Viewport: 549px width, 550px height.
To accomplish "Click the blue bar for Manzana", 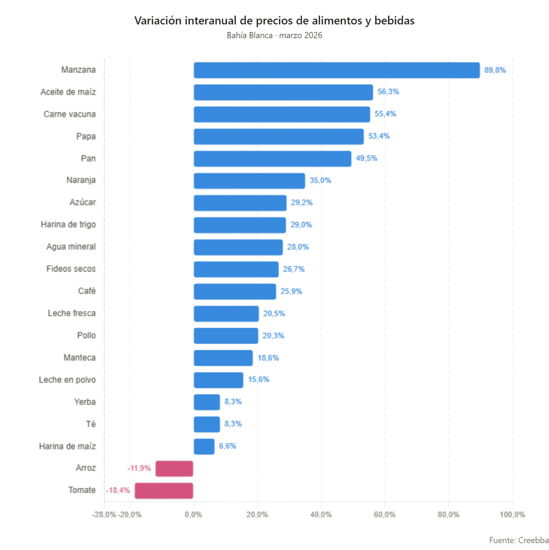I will tap(336, 70).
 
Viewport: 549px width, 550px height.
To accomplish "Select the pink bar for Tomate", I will tap(164, 490).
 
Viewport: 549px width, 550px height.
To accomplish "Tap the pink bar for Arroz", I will tap(174, 468).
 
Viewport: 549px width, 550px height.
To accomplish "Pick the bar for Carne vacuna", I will tap(281, 114).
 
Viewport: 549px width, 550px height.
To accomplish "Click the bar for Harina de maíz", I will tap(204, 446).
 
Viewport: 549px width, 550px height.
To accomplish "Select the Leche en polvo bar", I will tap(218, 380).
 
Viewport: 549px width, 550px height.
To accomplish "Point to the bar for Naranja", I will tap(249, 181).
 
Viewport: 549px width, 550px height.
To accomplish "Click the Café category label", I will tap(87, 291).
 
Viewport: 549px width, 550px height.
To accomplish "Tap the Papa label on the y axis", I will tap(86, 136).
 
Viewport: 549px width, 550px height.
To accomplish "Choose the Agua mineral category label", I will tap(71, 247).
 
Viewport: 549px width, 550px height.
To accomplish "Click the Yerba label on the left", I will tap(85, 402).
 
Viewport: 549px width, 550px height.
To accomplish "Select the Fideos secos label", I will tap(71, 269).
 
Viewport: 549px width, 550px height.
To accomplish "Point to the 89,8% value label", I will tap(494, 70).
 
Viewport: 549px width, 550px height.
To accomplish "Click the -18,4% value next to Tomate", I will tap(118, 490).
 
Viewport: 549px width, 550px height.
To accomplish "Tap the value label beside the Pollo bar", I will tap(273, 335).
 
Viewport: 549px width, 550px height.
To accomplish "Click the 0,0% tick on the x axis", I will tap(193, 515).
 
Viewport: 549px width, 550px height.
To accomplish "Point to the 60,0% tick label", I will tap(384, 515).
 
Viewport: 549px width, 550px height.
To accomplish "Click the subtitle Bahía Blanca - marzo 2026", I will tap(274, 35).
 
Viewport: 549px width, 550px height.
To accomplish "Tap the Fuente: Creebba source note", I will tap(518, 540).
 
